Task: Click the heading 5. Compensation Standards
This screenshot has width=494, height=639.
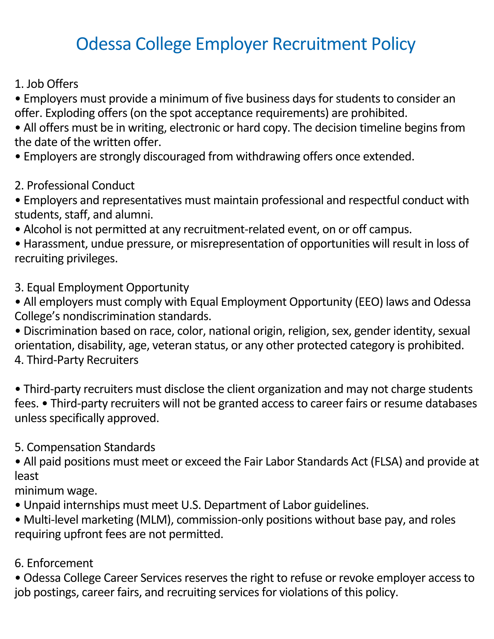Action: tap(85, 447)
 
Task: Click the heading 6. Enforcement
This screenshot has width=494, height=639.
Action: tap(54, 563)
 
